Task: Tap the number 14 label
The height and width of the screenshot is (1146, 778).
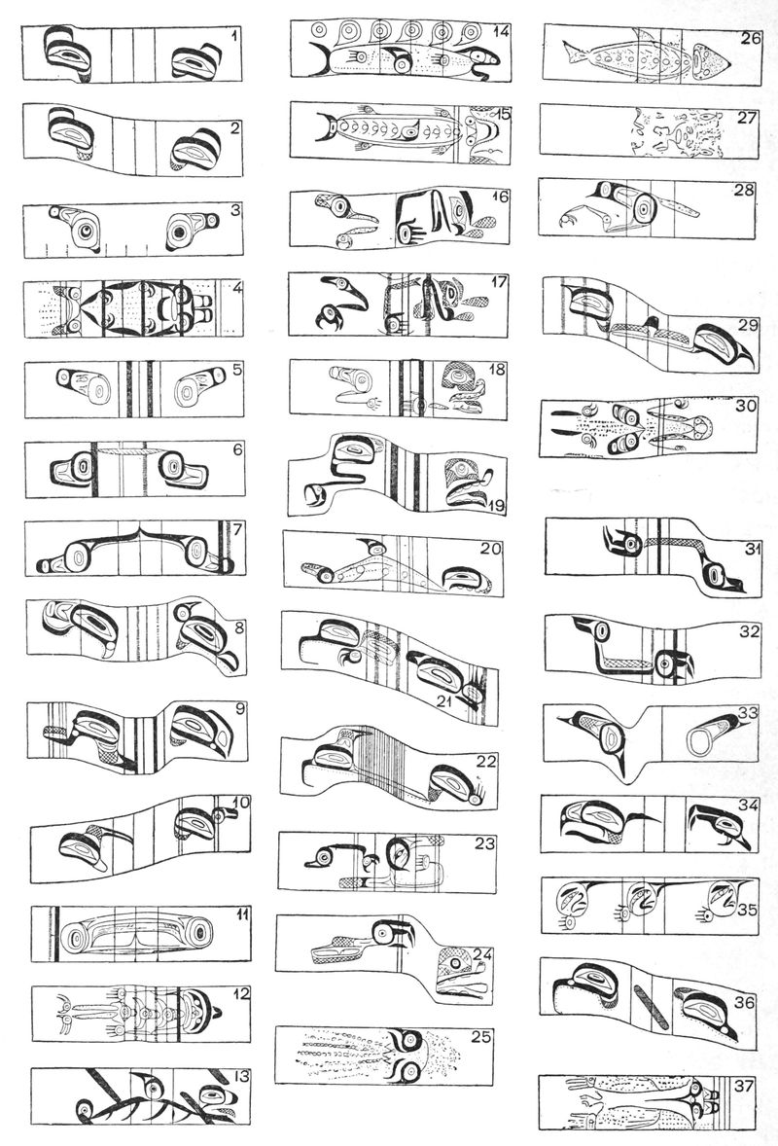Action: point(501,31)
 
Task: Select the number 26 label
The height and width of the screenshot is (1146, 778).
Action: point(751,37)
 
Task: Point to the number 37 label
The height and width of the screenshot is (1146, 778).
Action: point(744,1086)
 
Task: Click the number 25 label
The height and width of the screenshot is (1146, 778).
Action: point(482,1036)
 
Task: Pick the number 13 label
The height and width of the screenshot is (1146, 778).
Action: point(241,1077)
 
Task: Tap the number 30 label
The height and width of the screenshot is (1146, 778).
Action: point(746,406)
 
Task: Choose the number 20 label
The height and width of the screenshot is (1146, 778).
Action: point(491,548)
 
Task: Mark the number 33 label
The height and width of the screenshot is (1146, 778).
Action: point(749,712)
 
